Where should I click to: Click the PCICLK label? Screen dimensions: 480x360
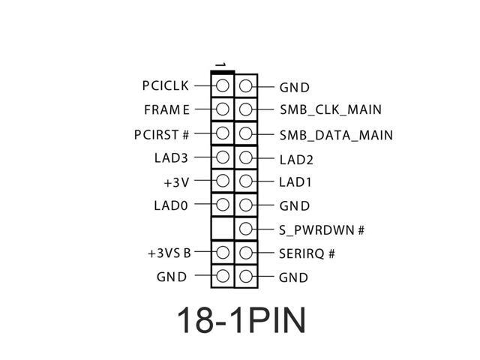pos(165,85)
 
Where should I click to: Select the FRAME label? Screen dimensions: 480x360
pos(167,109)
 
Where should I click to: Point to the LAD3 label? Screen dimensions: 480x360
pos(172,157)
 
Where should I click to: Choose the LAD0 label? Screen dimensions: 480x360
pos(172,205)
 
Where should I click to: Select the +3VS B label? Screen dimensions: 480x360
pos(169,253)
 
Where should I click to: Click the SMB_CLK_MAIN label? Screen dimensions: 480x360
pos(330,109)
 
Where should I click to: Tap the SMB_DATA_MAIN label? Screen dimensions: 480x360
pos(336,135)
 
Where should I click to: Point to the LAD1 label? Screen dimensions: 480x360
pos(295,181)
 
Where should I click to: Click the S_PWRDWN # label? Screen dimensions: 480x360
pos(321,229)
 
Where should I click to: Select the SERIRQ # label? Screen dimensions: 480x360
pos(307,253)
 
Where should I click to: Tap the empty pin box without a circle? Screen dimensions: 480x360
pos(223,228)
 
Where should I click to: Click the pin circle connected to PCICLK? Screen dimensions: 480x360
pos(223,85)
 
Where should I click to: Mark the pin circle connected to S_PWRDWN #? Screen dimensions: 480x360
pos(246,229)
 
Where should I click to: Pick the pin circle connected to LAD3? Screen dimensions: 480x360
pos(223,157)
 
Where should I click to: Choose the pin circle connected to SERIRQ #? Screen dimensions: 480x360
pos(246,253)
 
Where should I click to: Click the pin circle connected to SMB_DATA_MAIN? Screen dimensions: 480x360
pos(246,134)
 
